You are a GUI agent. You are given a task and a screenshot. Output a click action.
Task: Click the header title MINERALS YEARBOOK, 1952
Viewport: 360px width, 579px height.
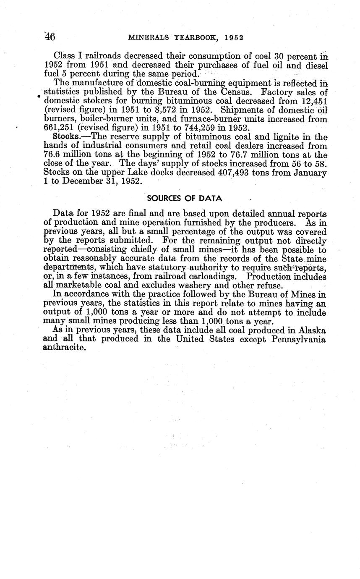(x=186, y=37)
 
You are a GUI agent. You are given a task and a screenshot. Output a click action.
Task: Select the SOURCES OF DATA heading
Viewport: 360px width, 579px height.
(x=185, y=199)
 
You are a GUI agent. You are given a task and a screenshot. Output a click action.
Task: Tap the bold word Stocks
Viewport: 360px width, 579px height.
(x=66, y=136)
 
